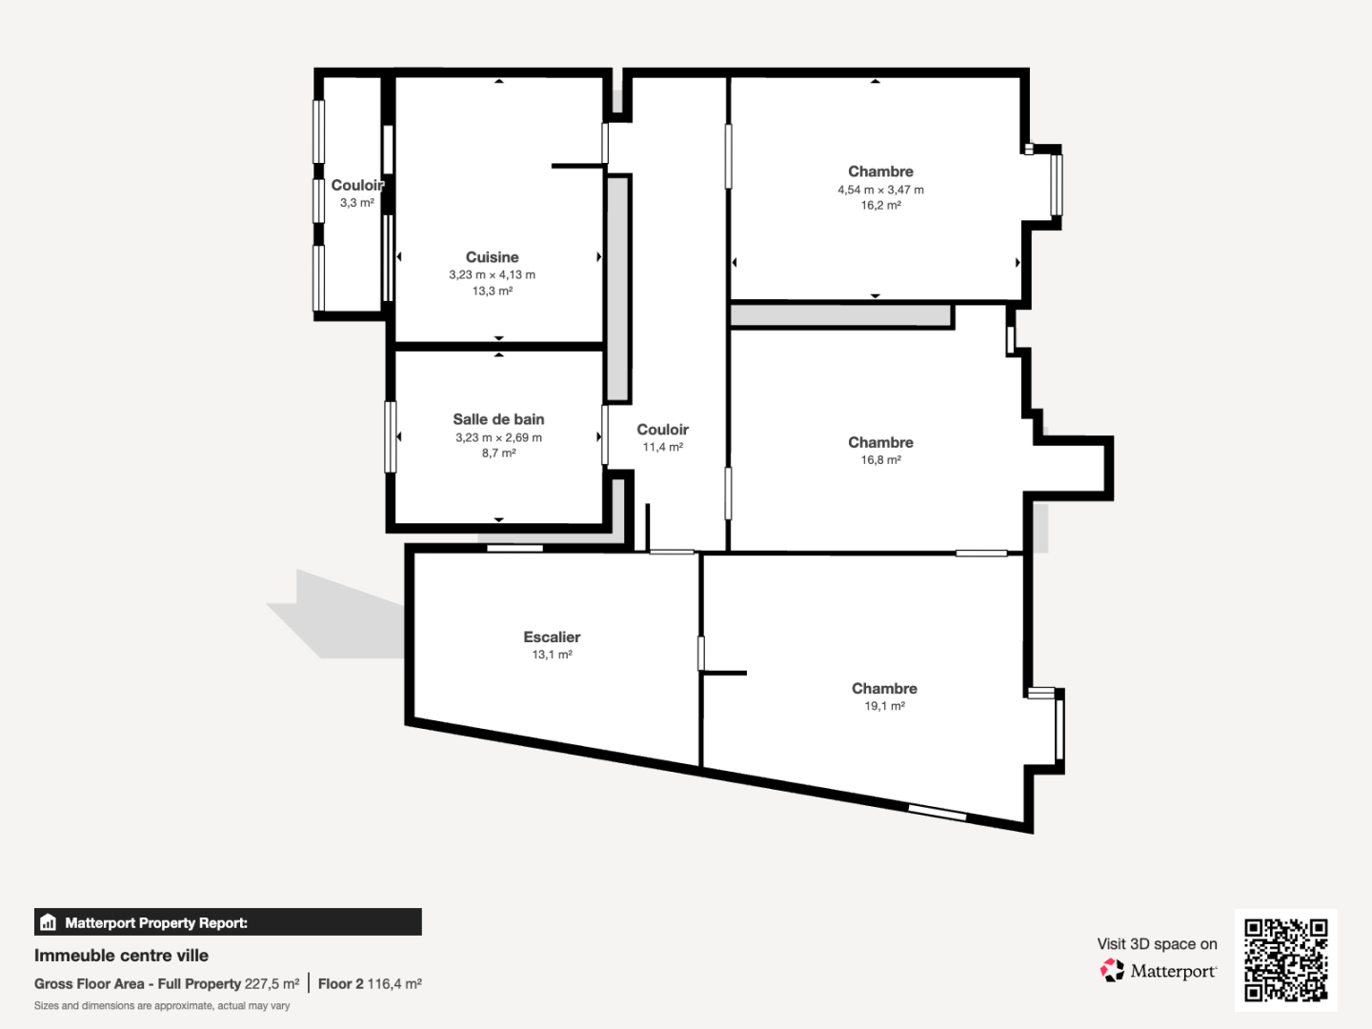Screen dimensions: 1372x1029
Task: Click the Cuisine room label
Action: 492,257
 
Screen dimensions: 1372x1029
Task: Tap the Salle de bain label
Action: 498,419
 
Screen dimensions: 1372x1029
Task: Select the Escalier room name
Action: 552,636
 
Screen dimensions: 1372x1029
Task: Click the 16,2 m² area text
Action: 880,205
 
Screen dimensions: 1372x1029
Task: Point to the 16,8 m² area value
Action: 880,460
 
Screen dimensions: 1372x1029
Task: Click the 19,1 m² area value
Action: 884,706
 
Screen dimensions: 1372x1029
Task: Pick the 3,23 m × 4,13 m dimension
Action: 492,275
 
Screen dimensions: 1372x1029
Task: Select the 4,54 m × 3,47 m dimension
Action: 880,190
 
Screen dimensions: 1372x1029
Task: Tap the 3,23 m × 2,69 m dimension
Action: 498,437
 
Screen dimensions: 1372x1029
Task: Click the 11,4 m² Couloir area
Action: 662,448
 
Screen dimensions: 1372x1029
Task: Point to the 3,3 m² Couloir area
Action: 357,202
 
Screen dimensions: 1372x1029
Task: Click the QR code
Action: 1285,959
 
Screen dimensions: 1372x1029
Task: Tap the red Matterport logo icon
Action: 1112,970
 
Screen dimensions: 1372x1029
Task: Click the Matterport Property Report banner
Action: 228,922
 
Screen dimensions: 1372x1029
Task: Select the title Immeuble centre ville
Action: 121,956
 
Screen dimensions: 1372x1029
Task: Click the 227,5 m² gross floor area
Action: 272,984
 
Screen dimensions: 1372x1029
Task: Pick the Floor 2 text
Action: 341,984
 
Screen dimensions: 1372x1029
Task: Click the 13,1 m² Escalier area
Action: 552,655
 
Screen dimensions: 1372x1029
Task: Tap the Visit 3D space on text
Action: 1157,944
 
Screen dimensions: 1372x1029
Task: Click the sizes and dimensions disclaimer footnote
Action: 162,1006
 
